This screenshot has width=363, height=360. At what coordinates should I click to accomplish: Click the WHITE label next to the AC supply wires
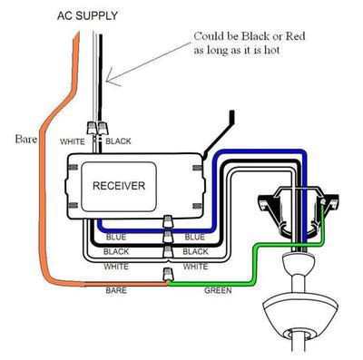coord(73,142)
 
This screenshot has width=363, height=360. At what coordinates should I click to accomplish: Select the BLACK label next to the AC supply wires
coord(118,142)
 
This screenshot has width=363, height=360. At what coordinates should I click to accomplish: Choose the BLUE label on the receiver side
coord(116,237)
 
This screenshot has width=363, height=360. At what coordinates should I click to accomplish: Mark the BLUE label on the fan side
coord(194,237)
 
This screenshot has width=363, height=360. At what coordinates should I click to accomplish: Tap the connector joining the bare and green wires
coord(166,274)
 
